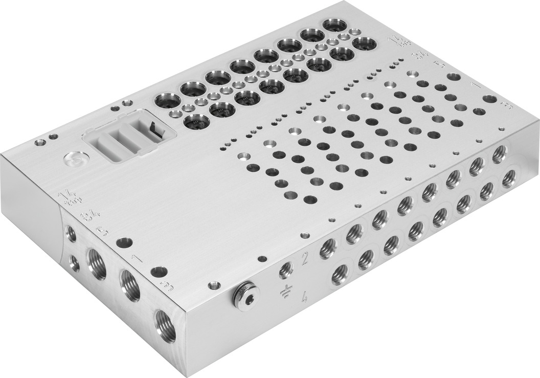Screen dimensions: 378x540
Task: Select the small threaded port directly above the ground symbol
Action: pos(285,269)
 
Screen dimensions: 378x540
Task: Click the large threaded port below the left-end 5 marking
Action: pos(97,263)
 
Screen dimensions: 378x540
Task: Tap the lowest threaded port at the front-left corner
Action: pos(165,325)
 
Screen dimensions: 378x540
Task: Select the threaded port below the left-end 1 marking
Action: pos(129,285)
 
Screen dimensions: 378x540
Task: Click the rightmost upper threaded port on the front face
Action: pos(499,154)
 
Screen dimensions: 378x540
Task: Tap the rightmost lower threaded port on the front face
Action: pos(508,179)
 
